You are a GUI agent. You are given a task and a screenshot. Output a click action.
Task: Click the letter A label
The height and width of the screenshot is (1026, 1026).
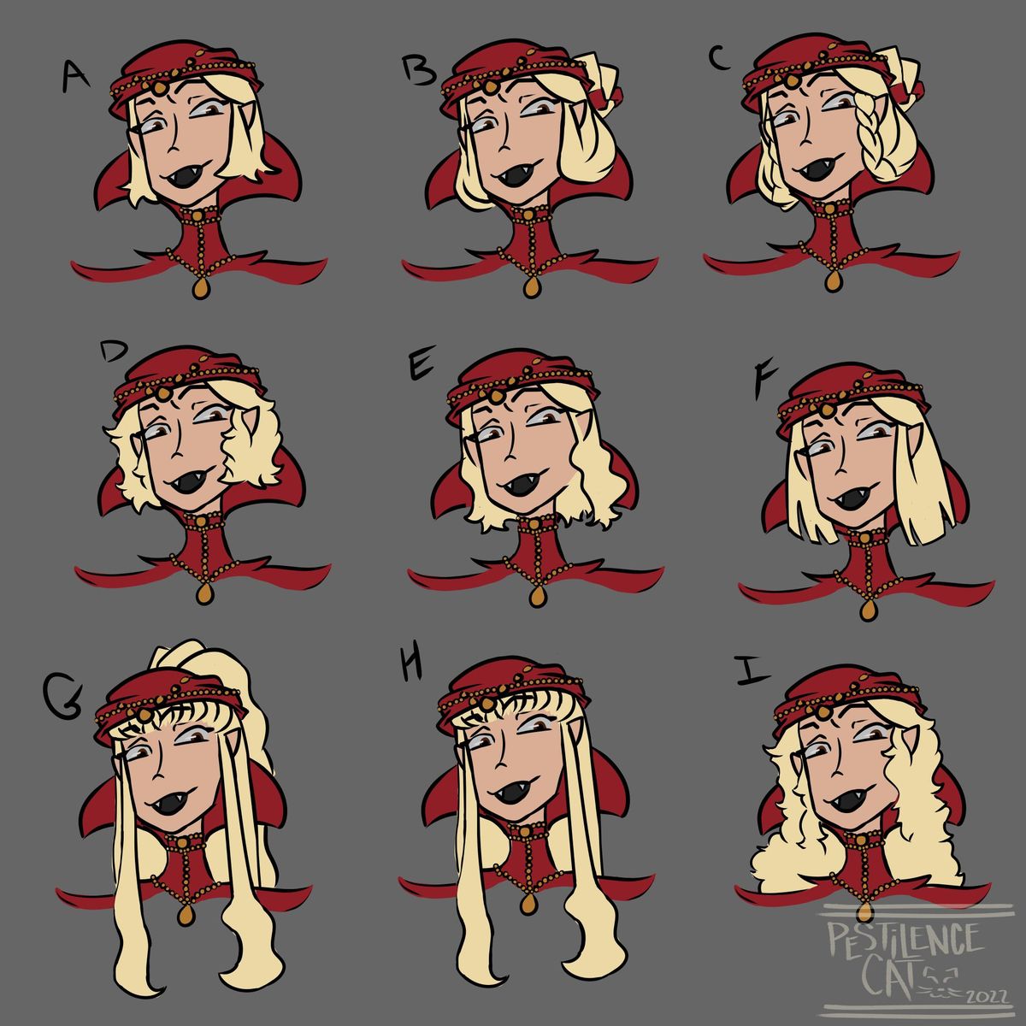pyautogui.click(x=75, y=75)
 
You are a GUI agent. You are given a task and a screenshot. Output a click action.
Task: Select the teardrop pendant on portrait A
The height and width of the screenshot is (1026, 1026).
pyautogui.click(x=200, y=287)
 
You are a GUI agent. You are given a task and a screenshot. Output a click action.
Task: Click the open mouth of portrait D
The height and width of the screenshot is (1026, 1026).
pyautogui.click(x=192, y=481)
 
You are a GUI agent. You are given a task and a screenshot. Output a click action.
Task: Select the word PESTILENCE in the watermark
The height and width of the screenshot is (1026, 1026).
pyautogui.click(x=905, y=941)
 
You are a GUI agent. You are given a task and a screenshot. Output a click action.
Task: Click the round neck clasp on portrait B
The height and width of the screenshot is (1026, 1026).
pyautogui.click(x=528, y=215)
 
